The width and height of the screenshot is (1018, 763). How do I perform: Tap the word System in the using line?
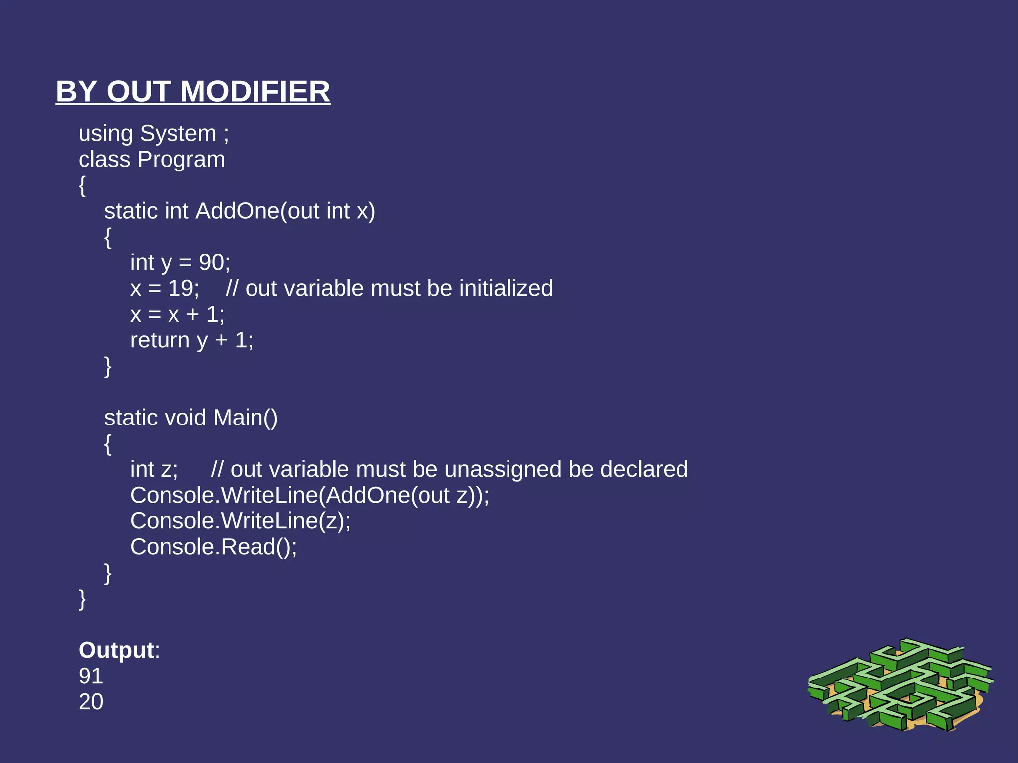pyautogui.click(x=178, y=134)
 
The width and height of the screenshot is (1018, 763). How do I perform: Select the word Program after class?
pyautogui.click(x=181, y=160)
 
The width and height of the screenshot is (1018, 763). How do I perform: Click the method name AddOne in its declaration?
pyautogui.click(x=238, y=211)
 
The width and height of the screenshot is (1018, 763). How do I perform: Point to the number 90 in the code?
pyautogui.click(x=211, y=263)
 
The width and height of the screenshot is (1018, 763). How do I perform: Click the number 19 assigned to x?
pyautogui.click(x=180, y=289)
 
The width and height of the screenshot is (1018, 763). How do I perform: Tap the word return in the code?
pyautogui.click(x=160, y=340)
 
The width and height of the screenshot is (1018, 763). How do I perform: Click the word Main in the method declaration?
pyautogui.click(x=238, y=418)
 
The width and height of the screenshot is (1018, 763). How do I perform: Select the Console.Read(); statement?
pyautogui.click(x=213, y=547)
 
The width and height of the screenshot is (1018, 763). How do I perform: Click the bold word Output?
pyautogui.click(x=116, y=650)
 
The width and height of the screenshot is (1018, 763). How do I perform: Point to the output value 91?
pyautogui.click(x=91, y=676)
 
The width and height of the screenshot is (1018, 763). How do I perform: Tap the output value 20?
pyautogui.click(x=91, y=702)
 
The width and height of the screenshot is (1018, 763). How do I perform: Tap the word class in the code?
pyautogui.click(x=104, y=160)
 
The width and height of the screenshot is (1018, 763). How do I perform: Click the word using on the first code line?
pyautogui.click(x=105, y=134)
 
